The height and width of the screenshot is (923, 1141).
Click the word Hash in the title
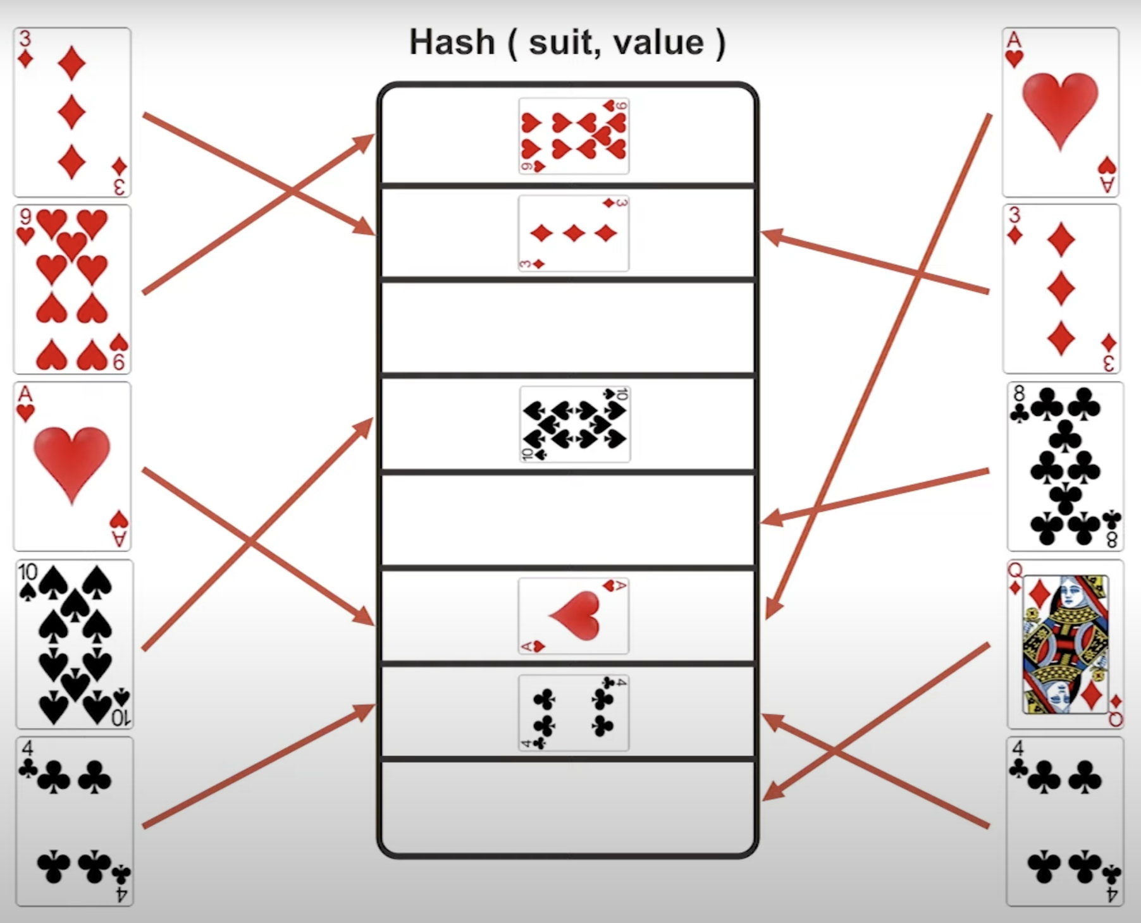[x=452, y=43]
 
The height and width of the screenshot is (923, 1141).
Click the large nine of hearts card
[x=72, y=290]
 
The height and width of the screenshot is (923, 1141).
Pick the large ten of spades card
[x=74, y=644]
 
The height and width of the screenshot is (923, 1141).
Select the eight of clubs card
[x=1065, y=467]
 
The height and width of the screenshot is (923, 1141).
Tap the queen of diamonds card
[x=1065, y=644]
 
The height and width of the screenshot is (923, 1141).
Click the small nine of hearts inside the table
[x=574, y=136]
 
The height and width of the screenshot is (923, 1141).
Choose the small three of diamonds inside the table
[x=574, y=233]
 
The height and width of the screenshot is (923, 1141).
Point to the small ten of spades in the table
[x=574, y=424]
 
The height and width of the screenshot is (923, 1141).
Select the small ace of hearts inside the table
[x=574, y=616]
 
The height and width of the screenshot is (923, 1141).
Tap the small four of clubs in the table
[x=574, y=712]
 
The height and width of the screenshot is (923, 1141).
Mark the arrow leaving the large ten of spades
[x=253, y=537]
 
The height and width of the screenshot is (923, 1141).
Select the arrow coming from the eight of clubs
[x=879, y=496]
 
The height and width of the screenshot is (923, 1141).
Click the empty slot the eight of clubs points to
[x=568, y=520]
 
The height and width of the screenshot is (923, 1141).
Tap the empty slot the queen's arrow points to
[x=568, y=806]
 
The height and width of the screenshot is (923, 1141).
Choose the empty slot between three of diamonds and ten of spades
[x=568, y=327]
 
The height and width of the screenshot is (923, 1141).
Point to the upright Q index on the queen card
[x=1015, y=570]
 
